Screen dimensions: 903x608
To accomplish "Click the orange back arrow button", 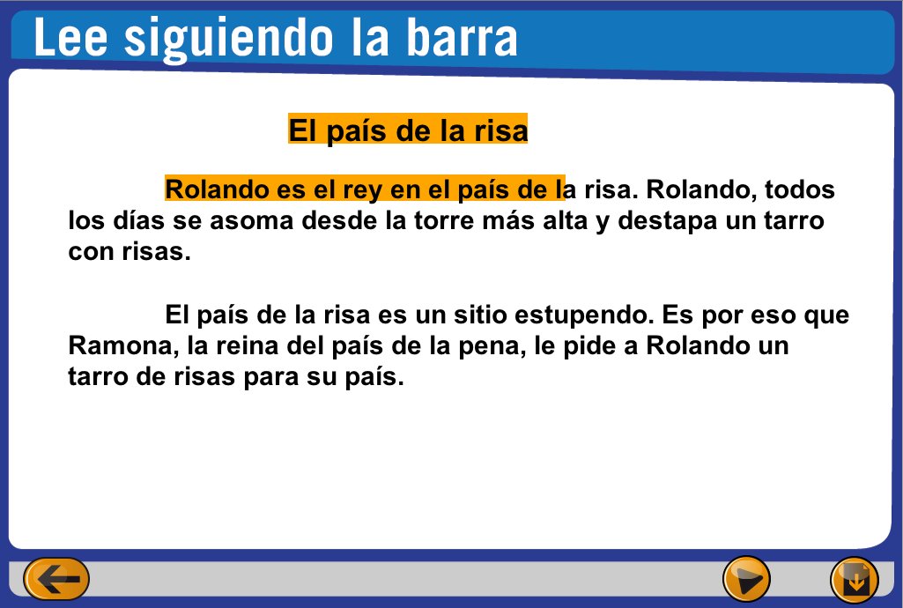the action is [x=56, y=579].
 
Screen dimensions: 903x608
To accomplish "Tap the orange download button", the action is [x=854, y=580].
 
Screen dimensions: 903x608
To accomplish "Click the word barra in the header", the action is [x=462, y=37].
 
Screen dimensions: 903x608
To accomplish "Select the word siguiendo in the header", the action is [x=229, y=40].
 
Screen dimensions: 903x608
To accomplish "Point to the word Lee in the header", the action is [x=70, y=37].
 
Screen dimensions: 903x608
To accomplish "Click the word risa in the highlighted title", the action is [x=501, y=130].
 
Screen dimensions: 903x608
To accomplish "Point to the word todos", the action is [x=800, y=189].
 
